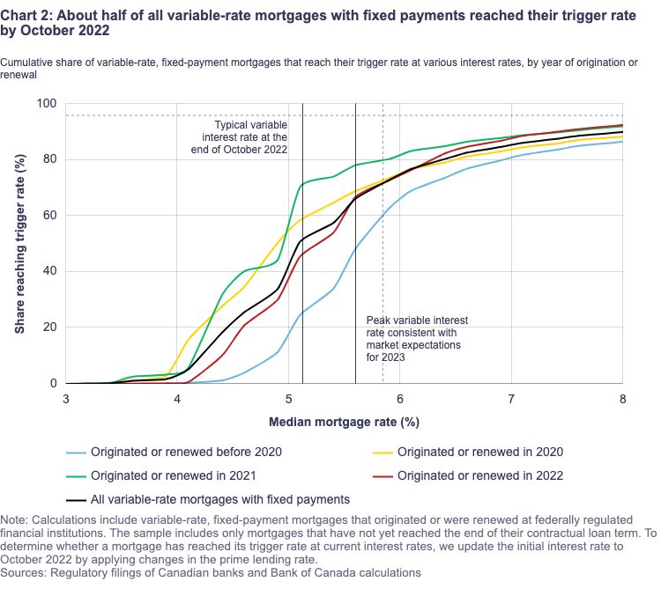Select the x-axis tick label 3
coord(66,398)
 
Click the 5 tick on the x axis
coord(289,398)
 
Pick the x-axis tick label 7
coord(511,398)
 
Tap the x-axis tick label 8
coord(622,398)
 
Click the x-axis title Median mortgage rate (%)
coord(345,421)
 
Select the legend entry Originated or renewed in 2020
coord(479,453)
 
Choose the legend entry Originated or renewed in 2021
coord(173,476)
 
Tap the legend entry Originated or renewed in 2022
coord(479,476)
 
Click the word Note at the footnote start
coord(17,520)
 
